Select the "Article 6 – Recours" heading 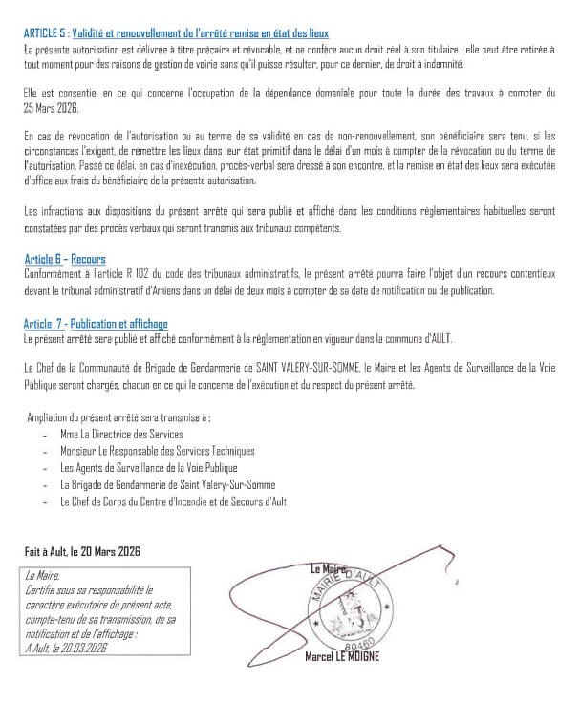click(x=65, y=259)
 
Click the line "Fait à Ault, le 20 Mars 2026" click(x=81, y=551)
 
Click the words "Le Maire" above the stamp click(x=330, y=570)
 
